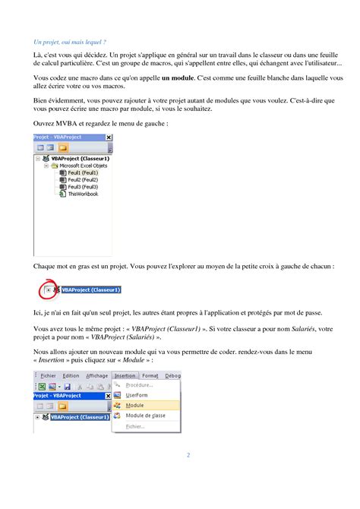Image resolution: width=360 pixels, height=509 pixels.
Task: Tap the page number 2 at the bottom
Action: [x=188, y=455]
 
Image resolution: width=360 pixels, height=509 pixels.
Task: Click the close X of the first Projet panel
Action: [x=109, y=138]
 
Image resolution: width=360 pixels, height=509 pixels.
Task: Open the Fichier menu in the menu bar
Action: [x=48, y=375]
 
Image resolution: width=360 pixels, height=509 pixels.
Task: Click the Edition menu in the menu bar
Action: [x=71, y=375]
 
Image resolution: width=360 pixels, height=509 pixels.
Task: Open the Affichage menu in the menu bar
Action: [x=96, y=375]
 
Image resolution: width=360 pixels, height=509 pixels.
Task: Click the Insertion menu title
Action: [x=125, y=375]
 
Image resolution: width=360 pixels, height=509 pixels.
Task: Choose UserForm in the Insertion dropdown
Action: [x=137, y=395]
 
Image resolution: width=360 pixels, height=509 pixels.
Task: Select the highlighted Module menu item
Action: [x=134, y=406]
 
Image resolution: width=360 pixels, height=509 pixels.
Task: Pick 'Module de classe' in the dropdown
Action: [x=145, y=416]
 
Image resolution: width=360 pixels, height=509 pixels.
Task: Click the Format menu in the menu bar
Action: [x=150, y=375]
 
